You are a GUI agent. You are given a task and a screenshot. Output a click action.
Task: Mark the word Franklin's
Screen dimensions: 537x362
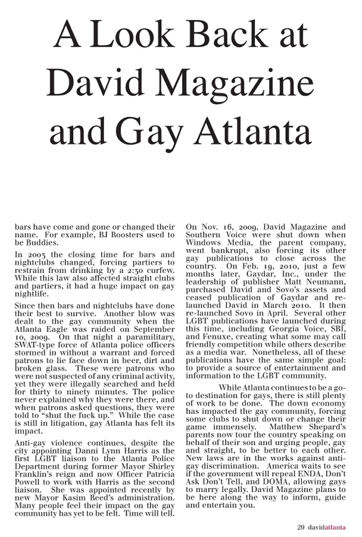(34, 474)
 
